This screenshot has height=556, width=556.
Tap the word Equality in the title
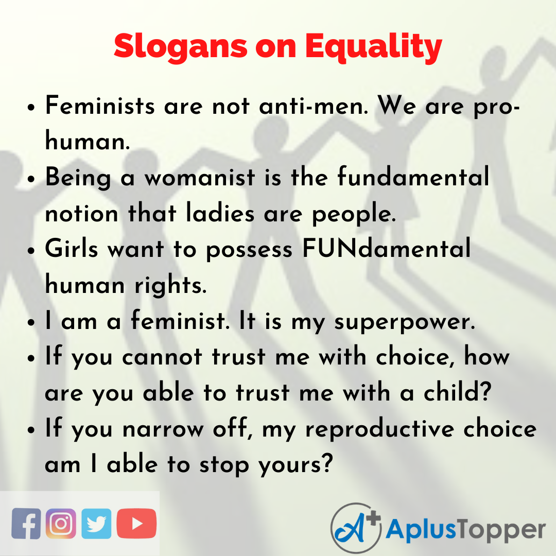point(374,47)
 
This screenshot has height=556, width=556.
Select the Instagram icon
point(61,524)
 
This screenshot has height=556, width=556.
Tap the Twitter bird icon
point(95,524)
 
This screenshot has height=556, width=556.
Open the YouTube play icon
point(136,524)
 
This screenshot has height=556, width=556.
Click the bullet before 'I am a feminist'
point(32,323)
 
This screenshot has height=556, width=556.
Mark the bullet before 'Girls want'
point(32,251)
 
